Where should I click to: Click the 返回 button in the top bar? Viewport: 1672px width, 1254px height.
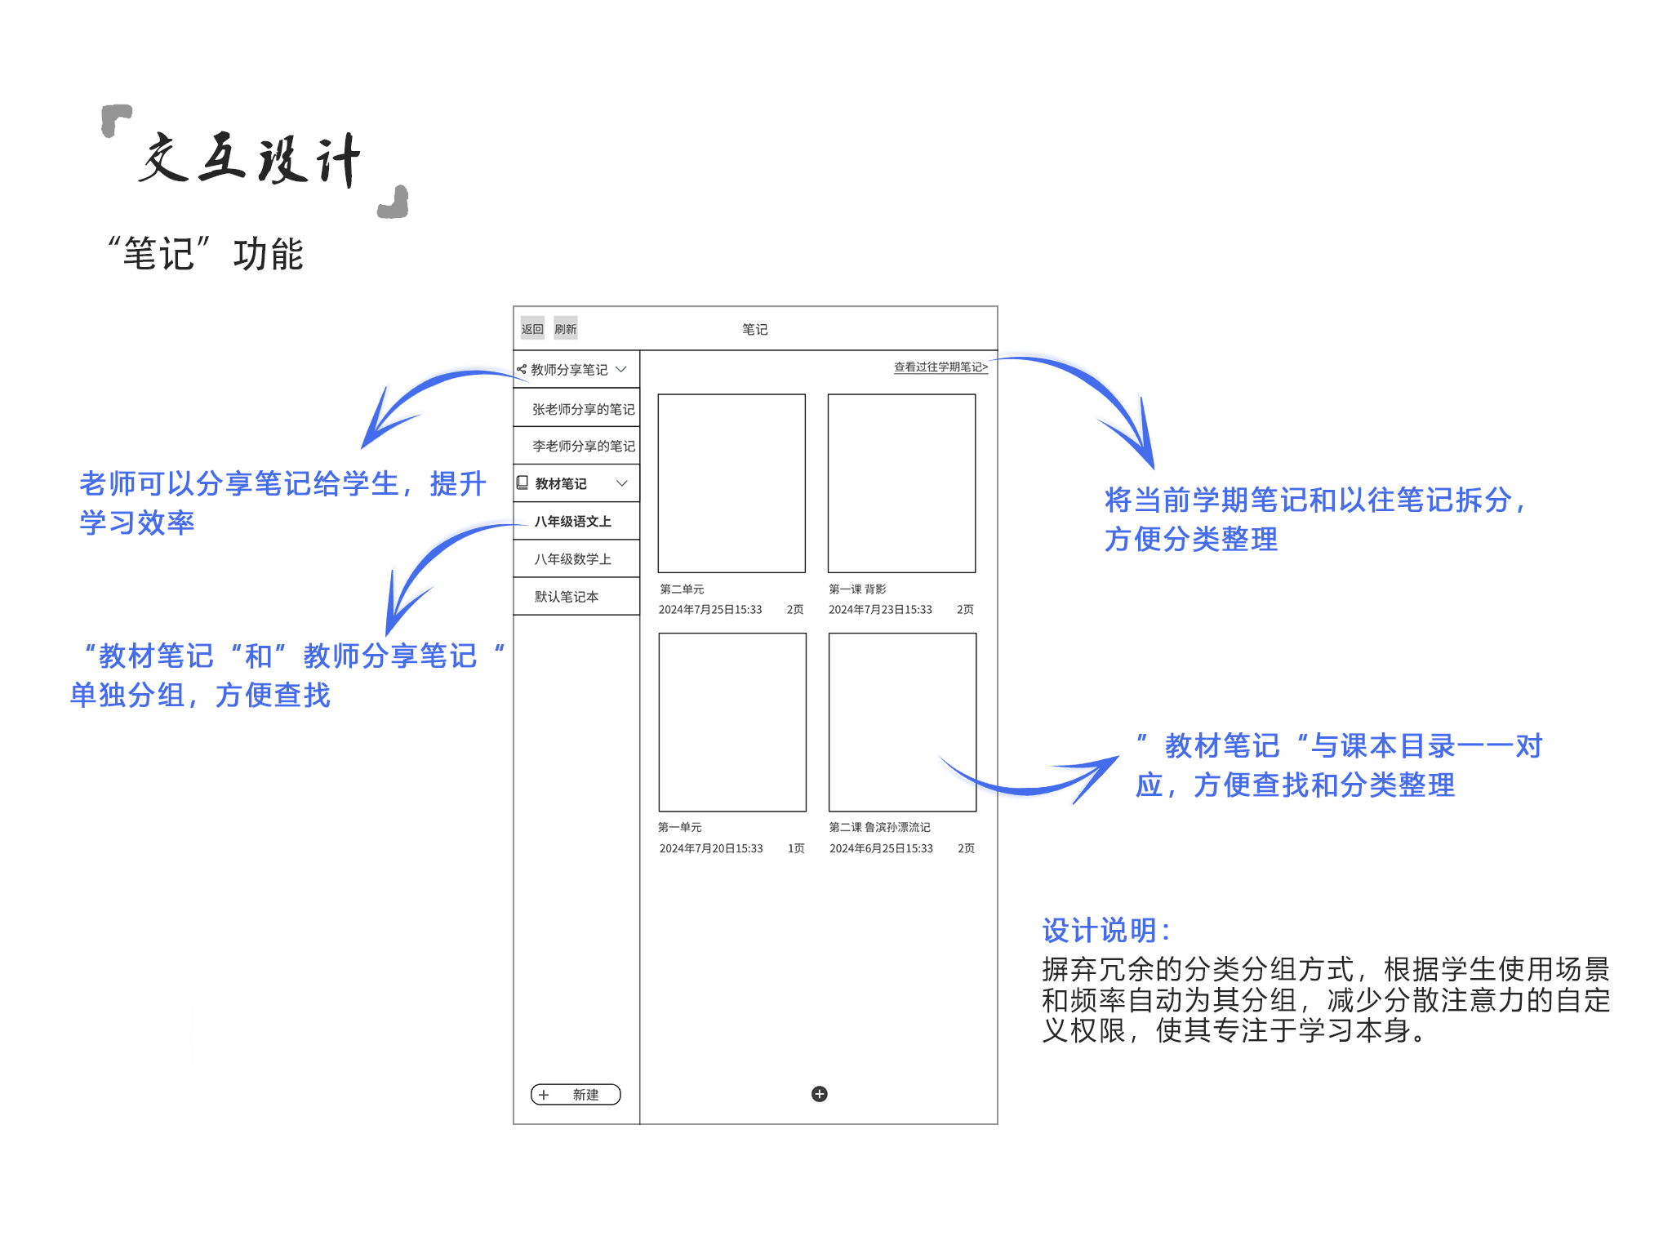coord(532,329)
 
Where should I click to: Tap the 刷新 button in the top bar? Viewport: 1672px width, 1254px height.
coord(565,329)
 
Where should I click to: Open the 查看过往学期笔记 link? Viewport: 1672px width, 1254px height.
coord(940,367)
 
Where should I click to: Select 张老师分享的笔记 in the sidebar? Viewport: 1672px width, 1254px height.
coord(583,409)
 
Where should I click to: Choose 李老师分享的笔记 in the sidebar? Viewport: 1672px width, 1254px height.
coord(583,446)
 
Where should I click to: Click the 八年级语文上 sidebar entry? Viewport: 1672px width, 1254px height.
coord(572,521)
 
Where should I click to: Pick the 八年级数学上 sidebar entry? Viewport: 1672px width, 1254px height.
coord(572,558)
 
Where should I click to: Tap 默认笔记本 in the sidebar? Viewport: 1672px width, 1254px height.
coord(566,596)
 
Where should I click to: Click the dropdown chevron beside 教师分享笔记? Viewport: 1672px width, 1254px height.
coord(621,369)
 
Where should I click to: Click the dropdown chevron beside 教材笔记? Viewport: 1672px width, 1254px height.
coord(621,483)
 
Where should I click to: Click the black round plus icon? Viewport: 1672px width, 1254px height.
coord(820,1094)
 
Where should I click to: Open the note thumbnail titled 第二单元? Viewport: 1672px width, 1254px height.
coord(731,483)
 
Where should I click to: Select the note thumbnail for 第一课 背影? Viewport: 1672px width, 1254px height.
coord(901,483)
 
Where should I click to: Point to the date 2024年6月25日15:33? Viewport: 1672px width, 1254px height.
coord(881,848)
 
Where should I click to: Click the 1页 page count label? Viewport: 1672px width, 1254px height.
coord(796,848)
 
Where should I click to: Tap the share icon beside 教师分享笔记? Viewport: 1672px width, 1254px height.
coord(522,369)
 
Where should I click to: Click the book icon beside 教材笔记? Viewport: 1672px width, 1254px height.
coord(522,482)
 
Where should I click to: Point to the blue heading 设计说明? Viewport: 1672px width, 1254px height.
coord(1106,930)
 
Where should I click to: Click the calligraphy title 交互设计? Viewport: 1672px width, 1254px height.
coord(250,159)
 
